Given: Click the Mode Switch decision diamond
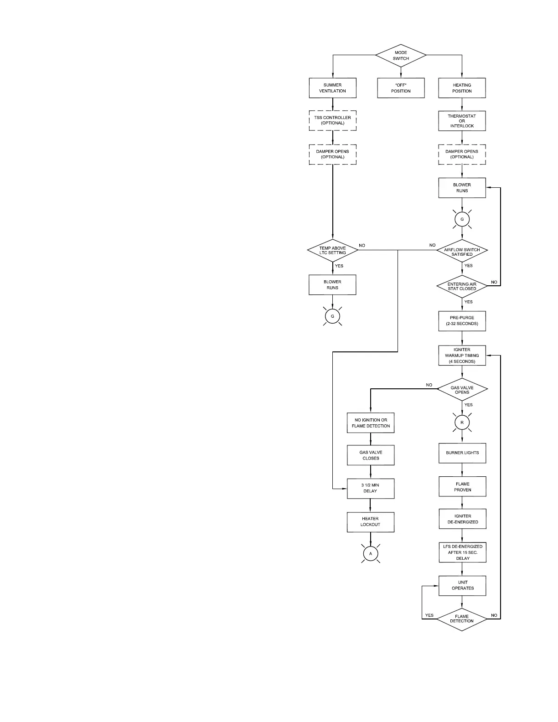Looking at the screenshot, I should [x=401, y=56].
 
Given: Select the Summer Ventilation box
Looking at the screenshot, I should [x=332, y=88].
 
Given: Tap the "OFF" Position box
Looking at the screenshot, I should [x=401, y=88].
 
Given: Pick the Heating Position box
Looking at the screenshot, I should [x=462, y=88].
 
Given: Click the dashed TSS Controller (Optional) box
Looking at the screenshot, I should [x=332, y=120].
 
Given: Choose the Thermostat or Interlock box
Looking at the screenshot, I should [x=462, y=121].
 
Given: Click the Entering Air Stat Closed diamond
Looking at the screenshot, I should [x=462, y=287].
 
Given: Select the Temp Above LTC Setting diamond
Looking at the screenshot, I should [x=332, y=250].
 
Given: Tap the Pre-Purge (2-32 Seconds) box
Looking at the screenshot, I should [x=462, y=321].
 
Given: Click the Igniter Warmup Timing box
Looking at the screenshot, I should [x=462, y=356].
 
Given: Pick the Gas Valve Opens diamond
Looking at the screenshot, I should [x=462, y=390].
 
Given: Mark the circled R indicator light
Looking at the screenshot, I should [x=462, y=423].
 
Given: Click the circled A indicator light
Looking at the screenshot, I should [x=371, y=553].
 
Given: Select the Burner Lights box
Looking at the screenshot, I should [x=462, y=453].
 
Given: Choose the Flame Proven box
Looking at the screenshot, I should [x=462, y=487].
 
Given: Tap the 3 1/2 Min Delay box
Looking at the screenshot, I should [x=370, y=488].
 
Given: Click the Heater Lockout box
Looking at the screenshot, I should [x=370, y=521].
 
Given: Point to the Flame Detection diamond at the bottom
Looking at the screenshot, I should [x=462, y=619].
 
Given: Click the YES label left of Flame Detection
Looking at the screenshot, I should [x=429, y=615].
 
